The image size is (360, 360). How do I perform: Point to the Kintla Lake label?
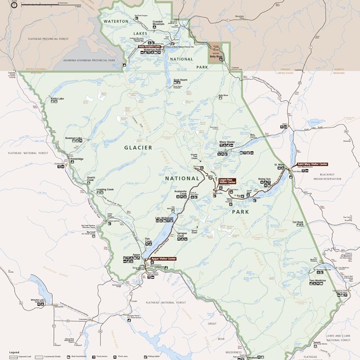pyautogui.click(x=57, y=98)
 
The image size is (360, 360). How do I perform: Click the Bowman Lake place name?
pyautogui.click(x=74, y=138)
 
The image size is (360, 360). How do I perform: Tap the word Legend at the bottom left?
pyautogui.click(x=14, y=351)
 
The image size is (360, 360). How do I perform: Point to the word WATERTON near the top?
pyautogui.click(x=116, y=21)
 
